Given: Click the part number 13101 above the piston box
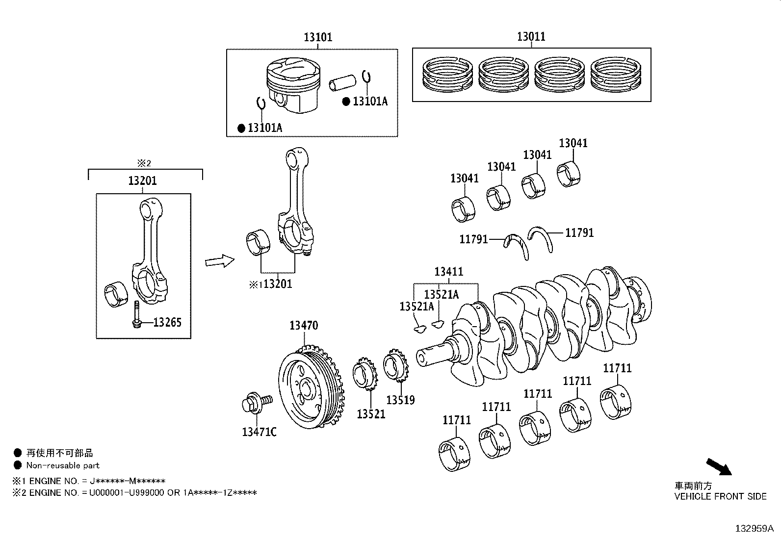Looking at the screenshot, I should tap(317, 37).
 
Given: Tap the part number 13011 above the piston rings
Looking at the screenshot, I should tap(531, 37).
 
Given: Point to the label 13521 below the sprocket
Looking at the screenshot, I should tap(370, 414).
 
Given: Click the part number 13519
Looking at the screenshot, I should tap(400, 400).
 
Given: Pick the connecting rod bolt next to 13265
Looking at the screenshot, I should tap(135, 316).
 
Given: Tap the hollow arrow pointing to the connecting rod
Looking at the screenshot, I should tap(219, 261).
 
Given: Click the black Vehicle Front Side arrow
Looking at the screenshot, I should tap(719, 466).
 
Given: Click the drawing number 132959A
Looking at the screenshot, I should tap(754, 529).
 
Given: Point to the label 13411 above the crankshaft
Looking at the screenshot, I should tap(448, 272).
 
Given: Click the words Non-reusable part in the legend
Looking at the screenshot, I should tap(63, 465).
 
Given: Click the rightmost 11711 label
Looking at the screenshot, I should tap(617, 368).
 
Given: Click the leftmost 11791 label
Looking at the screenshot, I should tap(473, 239).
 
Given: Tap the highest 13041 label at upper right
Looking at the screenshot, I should tap(573, 143).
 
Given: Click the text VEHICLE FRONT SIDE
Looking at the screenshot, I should tap(720, 496).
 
